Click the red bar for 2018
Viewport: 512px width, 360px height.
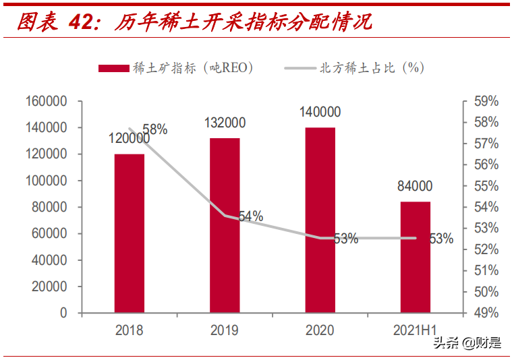point(129,233)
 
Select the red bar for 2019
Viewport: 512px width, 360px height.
point(225,225)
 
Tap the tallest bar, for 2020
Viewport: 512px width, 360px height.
point(320,220)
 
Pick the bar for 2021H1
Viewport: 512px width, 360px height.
point(416,257)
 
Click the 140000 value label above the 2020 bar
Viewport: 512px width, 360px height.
point(320,113)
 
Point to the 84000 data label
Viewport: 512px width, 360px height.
point(416,187)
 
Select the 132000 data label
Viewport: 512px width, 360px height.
point(225,123)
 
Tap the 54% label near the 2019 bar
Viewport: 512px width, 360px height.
point(250,216)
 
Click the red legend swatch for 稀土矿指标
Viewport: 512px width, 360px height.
point(113,67)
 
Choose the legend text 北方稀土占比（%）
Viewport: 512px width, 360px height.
point(372,67)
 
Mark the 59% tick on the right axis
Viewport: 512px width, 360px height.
point(486,101)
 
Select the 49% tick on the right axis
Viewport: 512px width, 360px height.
point(486,313)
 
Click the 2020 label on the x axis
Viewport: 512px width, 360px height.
point(320,330)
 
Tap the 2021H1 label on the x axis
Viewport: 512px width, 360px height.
point(416,330)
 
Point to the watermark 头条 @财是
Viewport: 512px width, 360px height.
point(467,343)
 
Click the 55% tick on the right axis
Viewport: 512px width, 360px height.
point(486,186)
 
